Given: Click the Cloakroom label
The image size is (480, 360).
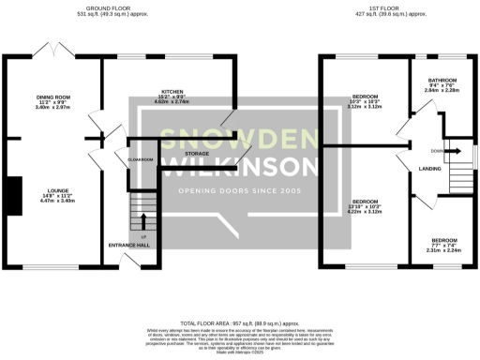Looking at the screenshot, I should (141, 160).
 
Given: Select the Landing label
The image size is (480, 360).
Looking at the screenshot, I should (430, 168).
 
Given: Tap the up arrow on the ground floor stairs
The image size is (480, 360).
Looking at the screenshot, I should (143, 222).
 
